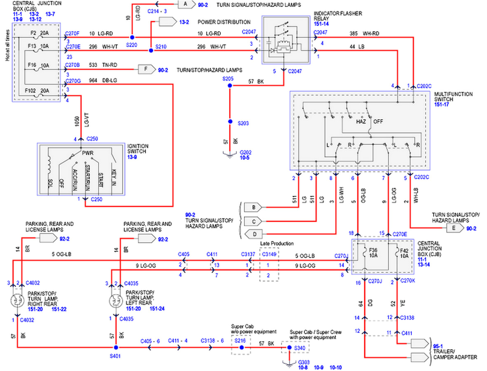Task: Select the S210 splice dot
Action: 151,50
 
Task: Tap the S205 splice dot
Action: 230,86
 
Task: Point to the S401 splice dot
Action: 120,348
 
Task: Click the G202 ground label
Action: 246,152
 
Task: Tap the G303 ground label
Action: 303,362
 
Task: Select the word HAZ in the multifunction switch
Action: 361,122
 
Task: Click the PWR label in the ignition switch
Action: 87,153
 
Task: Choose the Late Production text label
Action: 276,244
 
